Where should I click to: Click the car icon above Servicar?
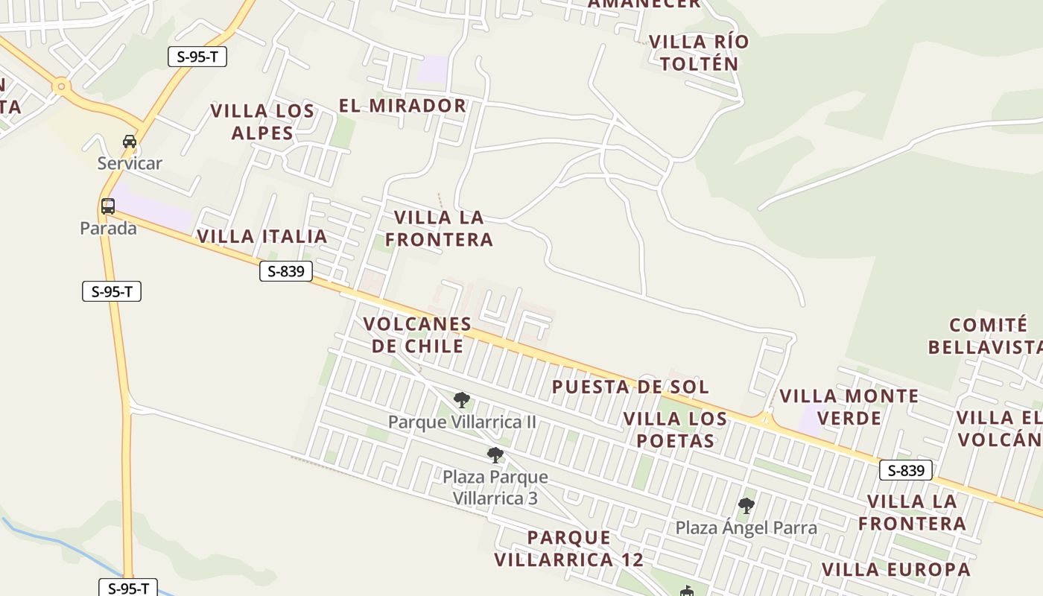[130, 142]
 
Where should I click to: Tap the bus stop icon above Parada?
[108, 206]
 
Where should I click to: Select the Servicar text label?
[130, 163]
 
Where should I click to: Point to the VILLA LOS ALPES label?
[262, 122]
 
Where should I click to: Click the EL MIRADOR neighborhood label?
[402, 106]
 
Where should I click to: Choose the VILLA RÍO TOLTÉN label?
[699, 52]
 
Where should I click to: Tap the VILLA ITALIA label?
[262, 237]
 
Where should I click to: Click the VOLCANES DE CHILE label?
[417, 335]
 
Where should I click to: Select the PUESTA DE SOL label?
[630, 387]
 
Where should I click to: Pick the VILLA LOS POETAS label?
[675, 430]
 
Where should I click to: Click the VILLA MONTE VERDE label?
[849, 407]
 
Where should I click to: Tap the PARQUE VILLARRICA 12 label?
[569, 548]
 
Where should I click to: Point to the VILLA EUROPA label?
[896, 570]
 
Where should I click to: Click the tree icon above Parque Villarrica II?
[462, 400]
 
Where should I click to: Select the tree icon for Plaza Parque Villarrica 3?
[495, 455]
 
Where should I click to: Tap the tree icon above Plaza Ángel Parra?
[746, 507]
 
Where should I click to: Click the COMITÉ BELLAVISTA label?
[988, 336]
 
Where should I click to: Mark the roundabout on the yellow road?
[61, 87]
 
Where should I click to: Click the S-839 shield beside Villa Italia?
[286, 271]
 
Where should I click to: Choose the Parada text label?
[108, 228]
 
